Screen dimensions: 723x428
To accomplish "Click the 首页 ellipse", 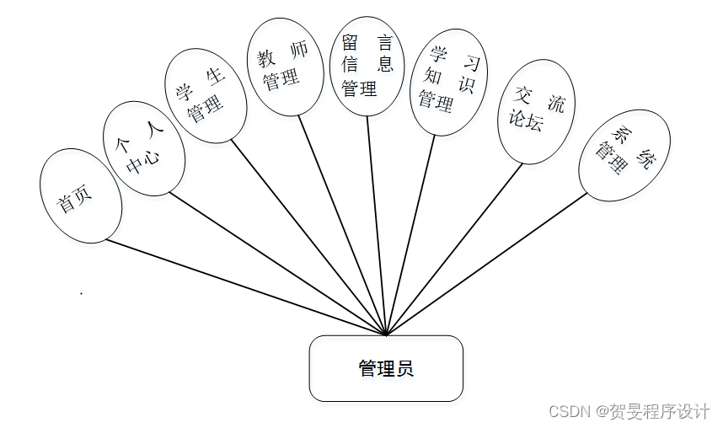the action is pos(80,196).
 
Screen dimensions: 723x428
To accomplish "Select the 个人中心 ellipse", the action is pos(144,149).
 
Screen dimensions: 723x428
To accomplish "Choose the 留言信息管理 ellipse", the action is pos(367,65).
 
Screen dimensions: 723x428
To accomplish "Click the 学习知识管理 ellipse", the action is pos(447,82).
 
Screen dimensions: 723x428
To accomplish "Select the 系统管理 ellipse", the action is pos(624,155).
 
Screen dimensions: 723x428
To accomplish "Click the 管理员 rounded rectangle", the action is pos(386,368).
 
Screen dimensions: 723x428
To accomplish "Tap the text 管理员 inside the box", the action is pos(386,369).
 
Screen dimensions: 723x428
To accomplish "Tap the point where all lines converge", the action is pos(386,334).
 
